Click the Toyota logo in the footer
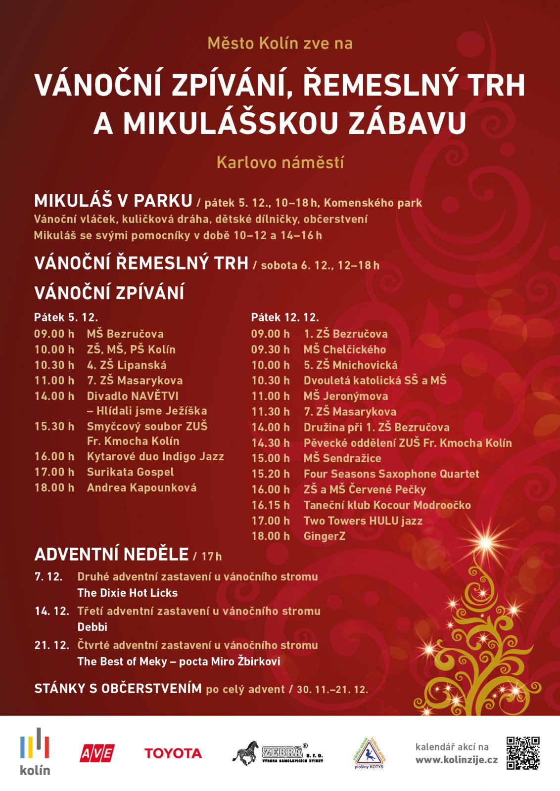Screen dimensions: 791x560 point(173,753)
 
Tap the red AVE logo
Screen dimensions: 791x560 point(97,753)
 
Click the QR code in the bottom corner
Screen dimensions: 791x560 point(522,753)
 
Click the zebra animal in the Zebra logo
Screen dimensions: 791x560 point(246,753)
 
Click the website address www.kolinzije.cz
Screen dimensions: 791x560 point(456,760)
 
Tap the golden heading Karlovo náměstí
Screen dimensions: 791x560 point(280,162)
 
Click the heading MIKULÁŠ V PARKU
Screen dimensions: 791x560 point(113,201)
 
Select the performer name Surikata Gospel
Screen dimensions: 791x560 point(130,472)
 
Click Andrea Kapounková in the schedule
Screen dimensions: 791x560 point(141,488)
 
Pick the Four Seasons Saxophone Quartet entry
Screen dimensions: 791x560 point(391,474)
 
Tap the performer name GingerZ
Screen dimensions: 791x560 point(325,536)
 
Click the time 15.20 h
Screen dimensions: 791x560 point(270,474)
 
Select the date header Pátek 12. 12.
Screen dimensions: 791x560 point(284,317)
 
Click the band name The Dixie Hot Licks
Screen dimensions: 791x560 point(127,593)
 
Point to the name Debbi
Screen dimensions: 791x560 point(92,627)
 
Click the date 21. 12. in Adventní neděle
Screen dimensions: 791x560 point(51,645)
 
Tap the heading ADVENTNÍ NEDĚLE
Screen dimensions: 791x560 point(111,554)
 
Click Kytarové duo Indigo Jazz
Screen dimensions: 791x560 point(155,456)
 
